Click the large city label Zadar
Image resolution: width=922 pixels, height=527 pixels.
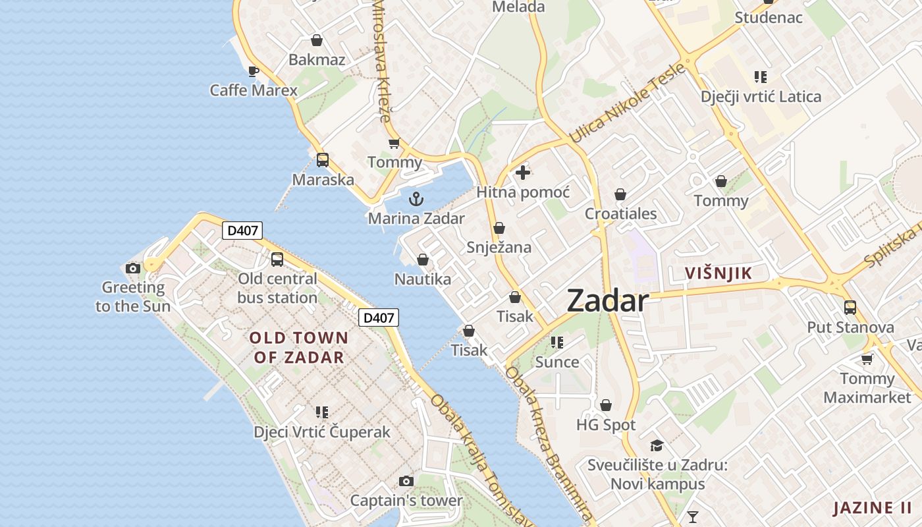click(x=607, y=301)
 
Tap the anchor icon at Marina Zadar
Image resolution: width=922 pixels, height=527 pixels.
click(x=416, y=198)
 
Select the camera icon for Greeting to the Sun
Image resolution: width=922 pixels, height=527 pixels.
click(x=133, y=268)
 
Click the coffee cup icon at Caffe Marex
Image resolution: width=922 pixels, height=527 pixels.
click(x=254, y=71)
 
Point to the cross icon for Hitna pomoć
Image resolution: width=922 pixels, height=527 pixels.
click(x=523, y=173)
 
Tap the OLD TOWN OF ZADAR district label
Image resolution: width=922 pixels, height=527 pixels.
click(x=299, y=348)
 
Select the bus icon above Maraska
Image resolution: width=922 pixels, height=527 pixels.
click(x=323, y=160)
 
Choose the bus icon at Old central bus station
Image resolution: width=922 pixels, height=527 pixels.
click(x=277, y=260)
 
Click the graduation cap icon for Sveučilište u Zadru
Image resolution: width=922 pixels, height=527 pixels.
click(x=657, y=445)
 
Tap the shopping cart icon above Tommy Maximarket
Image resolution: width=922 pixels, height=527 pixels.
click(x=867, y=359)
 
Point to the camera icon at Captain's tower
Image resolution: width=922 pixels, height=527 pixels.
click(x=406, y=482)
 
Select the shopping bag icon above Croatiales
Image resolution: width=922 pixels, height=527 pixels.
click(x=620, y=194)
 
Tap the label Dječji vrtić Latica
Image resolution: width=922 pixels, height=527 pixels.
click(x=761, y=97)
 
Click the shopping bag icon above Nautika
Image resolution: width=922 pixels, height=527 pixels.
click(x=423, y=260)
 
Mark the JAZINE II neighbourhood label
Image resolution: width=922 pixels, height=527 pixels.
click(x=873, y=508)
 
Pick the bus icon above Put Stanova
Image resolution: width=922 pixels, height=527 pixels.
click(x=850, y=308)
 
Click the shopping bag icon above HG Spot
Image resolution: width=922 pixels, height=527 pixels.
click(x=606, y=405)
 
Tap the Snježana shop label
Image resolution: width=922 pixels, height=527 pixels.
click(x=499, y=248)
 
